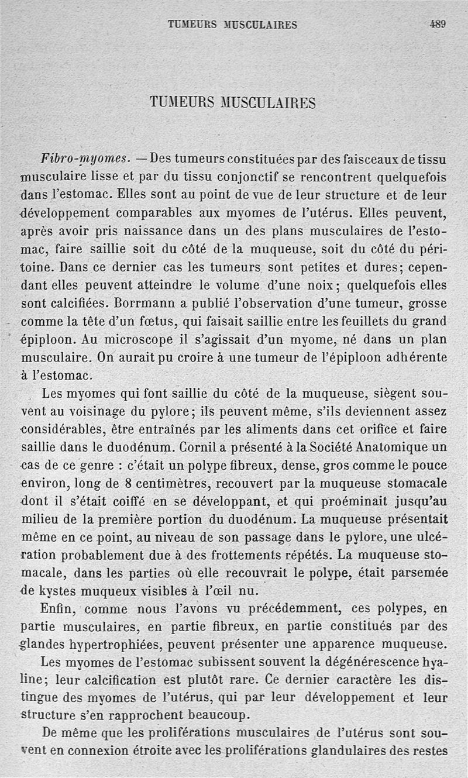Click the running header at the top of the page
tap(232, 25)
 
